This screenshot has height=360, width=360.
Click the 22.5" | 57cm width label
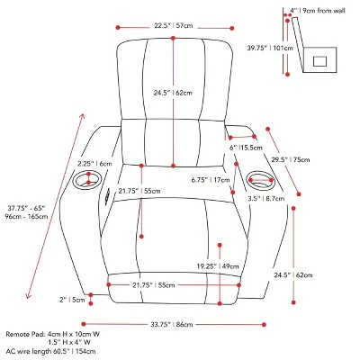[x=174, y=25]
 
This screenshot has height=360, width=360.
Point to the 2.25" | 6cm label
[x=94, y=164]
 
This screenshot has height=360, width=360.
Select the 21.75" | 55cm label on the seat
[x=113, y=192]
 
